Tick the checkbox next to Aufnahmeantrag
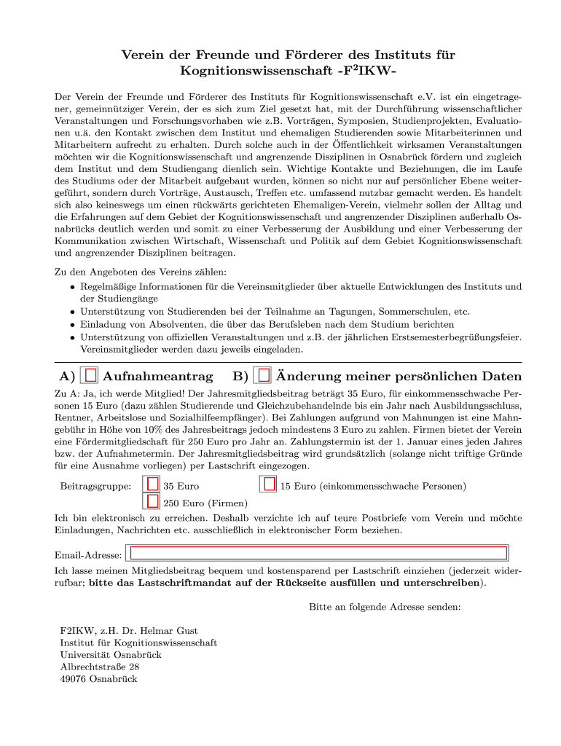pos(91,375)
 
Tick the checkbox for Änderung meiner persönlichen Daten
pos(264,375)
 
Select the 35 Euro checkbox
pos(152,484)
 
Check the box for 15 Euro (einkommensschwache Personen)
pos(270,484)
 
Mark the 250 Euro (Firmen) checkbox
pos(152,501)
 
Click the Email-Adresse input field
pos(317,553)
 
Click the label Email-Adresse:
pos(88,555)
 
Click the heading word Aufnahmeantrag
pos(158,377)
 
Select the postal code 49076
pos(74,679)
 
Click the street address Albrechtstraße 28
pos(99,667)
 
